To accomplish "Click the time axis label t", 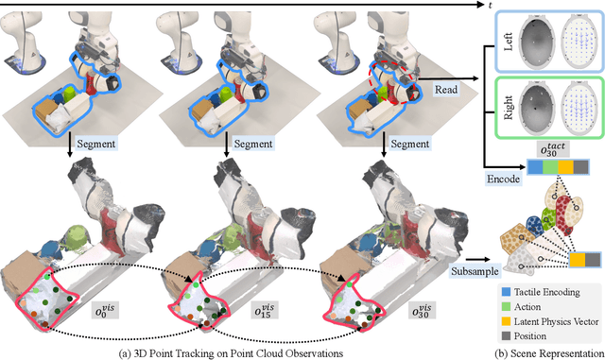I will pos(598,7).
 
